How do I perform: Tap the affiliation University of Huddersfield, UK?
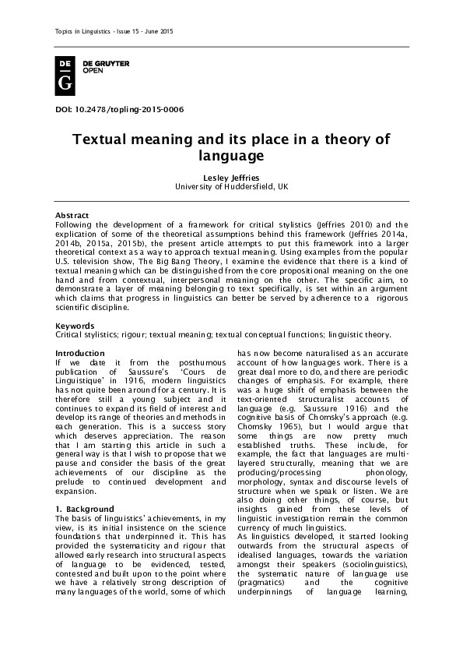pyautogui.click(x=231, y=187)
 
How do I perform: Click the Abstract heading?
pyautogui.click(x=72, y=214)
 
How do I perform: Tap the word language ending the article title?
pyautogui.click(x=231, y=156)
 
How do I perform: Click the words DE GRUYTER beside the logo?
pyautogui.click(x=106, y=62)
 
